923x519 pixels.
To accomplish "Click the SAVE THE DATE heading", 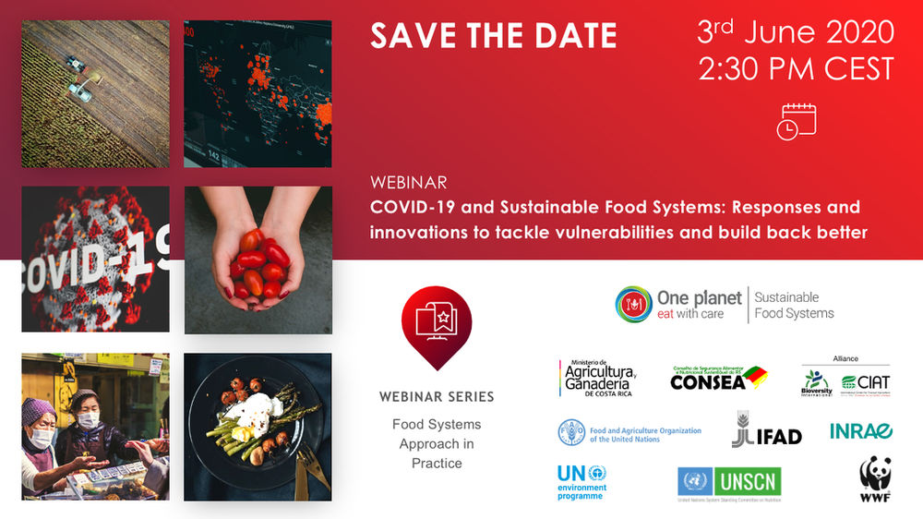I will pos(493,36).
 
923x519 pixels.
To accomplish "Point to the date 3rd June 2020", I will pos(795,32).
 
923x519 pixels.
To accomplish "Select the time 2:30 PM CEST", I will pos(797,69).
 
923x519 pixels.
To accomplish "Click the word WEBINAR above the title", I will pos(408,182).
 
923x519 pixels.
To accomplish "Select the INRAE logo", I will pos(860,431).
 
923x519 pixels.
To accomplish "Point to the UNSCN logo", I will pos(729,481).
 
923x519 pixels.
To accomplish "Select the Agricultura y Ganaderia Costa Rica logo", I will pos(596,380).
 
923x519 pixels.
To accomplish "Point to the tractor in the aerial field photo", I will pos(74,64).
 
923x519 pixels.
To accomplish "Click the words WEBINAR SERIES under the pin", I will pos(437,396).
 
